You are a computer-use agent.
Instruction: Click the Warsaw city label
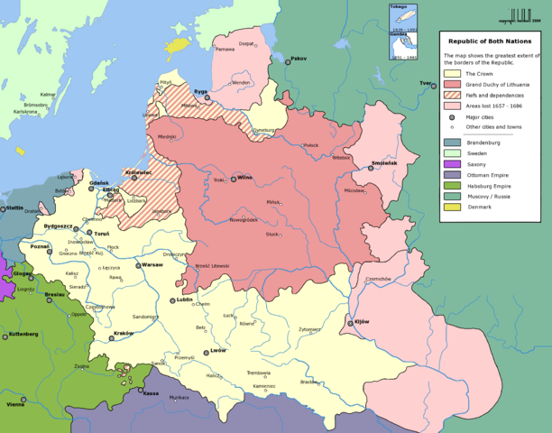(x=152, y=265)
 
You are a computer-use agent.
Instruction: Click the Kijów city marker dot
(x=351, y=323)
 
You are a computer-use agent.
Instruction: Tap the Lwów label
(x=218, y=352)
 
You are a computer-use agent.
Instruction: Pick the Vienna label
(x=14, y=405)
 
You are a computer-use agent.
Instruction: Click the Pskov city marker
(x=288, y=60)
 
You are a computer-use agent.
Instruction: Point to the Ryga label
(x=201, y=91)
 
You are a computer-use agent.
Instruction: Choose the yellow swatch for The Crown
(x=449, y=73)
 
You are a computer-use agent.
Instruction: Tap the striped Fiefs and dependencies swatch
(x=449, y=96)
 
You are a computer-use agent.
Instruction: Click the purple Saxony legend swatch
(x=449, y=164)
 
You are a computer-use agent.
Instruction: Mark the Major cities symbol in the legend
(x=449, y=117)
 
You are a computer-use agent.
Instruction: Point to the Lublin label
(x=184, y=299)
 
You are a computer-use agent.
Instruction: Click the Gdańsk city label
(x=100, y=183)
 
